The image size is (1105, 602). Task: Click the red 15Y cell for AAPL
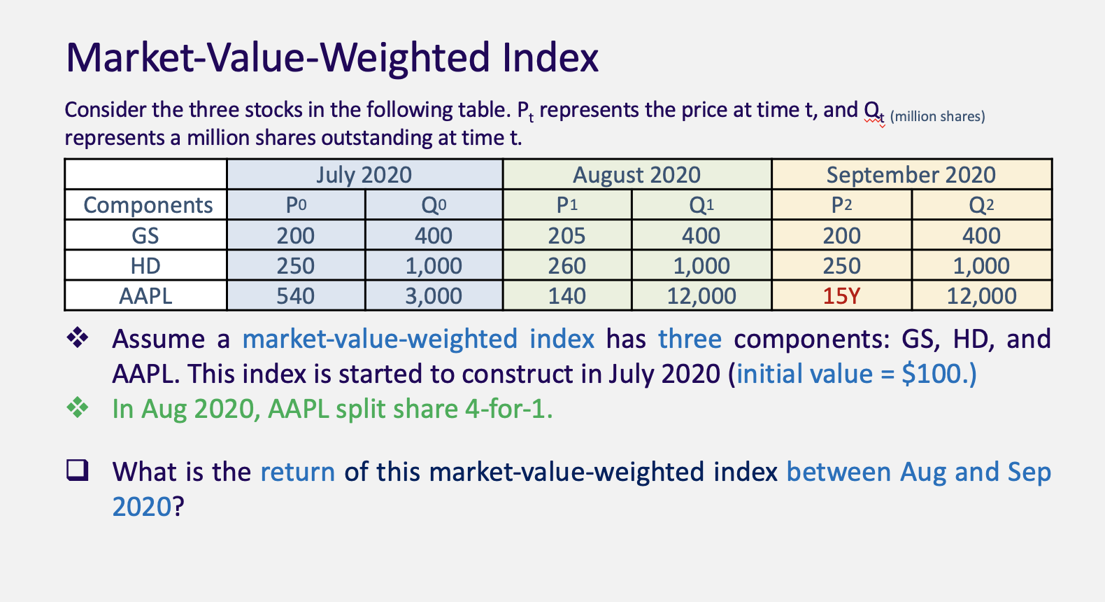tap(841, 296)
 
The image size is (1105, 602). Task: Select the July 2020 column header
tap(364, 174)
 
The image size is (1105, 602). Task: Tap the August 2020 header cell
tap(636, 174)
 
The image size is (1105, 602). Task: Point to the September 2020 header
tap(911, 174)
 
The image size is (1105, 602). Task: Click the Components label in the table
tap(148, 205)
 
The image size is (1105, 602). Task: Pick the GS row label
tap(145, 235)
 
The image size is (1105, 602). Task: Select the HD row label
tap(145, 266)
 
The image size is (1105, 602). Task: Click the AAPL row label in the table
tap(145, 296)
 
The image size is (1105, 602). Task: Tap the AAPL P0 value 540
tap(295, 296)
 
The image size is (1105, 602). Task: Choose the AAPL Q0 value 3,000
tap(434, 296)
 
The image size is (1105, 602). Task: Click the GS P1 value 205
tap(566, 235)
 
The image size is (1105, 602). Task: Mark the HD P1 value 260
tap(566, 266)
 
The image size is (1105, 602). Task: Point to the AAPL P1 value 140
tap(566, 296)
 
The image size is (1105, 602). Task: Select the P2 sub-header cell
tap(841, 205)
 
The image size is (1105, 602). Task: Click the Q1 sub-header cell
tap(701, 205)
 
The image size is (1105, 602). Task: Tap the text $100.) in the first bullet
tap(939, 374)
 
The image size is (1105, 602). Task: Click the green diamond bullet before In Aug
tap(78, 407)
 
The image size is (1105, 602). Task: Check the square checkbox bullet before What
tap(78, 470)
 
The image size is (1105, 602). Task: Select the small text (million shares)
tap(937, 116)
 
